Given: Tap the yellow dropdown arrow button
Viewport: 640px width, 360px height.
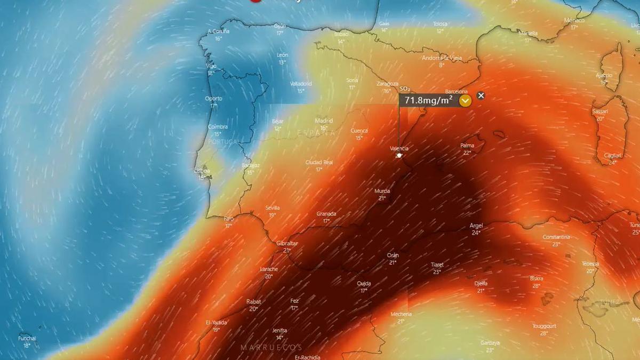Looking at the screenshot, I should tap(466, 100).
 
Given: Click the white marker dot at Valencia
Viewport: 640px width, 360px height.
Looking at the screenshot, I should tap(399, 155).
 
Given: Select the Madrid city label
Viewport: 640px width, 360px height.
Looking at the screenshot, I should tap(324, 121).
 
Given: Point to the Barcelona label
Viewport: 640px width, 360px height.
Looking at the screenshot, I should tap(456, 92).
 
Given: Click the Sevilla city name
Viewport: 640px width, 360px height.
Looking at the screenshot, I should tap(273, 208).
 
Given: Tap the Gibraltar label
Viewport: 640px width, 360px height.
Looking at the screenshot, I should tap(287, 243).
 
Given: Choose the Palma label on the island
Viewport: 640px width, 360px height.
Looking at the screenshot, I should tap(467, 145).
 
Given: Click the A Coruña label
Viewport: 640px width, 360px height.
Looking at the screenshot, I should tap(218, 31).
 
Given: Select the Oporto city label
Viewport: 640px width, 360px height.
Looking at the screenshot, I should tap(214, 99).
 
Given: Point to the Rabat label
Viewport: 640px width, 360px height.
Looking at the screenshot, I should tap(253, 302).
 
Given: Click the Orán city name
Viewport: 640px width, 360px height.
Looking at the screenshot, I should tap(393, 255).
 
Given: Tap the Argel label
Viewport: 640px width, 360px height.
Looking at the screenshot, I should tap(476, 226).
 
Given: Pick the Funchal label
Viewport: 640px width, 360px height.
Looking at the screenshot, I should tap(27, 338).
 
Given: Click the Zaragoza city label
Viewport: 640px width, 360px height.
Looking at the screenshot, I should tap(387, 84).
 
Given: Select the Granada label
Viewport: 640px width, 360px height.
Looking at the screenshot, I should tap(326, 214).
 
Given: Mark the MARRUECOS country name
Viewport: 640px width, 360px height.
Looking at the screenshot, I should tap(271, 347).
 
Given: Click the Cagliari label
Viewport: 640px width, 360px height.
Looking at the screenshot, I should tap(612, 155).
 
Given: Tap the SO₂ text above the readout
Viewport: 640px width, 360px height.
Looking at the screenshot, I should tap(405, 89).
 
